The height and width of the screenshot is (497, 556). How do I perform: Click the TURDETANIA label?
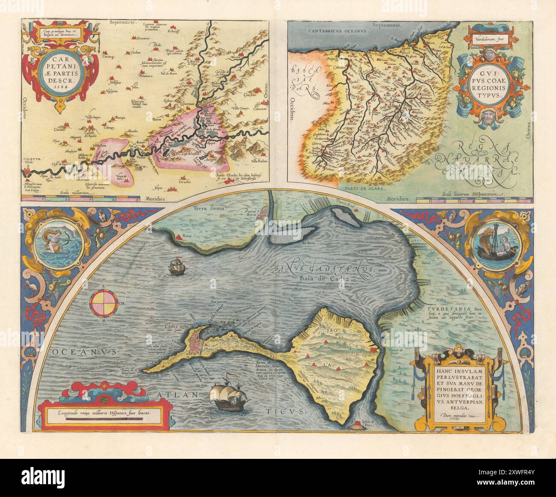(x=447, y=309)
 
